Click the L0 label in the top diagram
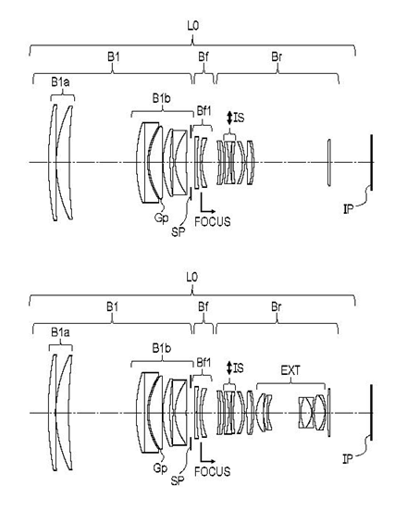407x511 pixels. click(192, 26)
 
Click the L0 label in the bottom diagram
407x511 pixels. click(192, 278)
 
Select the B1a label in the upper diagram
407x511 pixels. click(60, 82)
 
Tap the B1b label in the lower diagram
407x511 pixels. click(162, 348)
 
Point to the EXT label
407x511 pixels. click(290, 370)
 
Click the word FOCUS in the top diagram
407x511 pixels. click(213, 221)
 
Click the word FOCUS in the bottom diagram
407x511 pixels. click(213, 471)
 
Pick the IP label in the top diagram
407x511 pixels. click(348, 209)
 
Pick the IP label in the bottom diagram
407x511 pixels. click(348, 459)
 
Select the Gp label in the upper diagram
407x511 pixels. click(161, 218)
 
